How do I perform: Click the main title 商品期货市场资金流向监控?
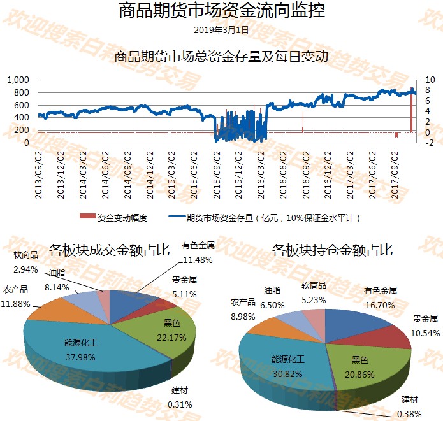tap(221, 11)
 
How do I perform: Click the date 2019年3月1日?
tap(221, 29)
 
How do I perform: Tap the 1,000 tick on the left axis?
tap(18, 80)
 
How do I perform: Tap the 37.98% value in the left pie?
tap(81, 357)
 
